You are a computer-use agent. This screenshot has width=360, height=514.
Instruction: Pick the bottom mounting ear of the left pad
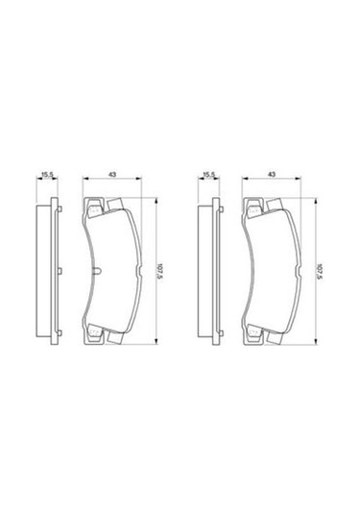pyautogui.click(x=94, y=336)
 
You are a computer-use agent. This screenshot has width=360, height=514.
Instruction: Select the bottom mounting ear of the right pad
pyautogui.click(x=253, y=336)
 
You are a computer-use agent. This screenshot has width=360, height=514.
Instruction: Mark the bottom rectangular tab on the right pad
pyautogui.click(x=273, y=338)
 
